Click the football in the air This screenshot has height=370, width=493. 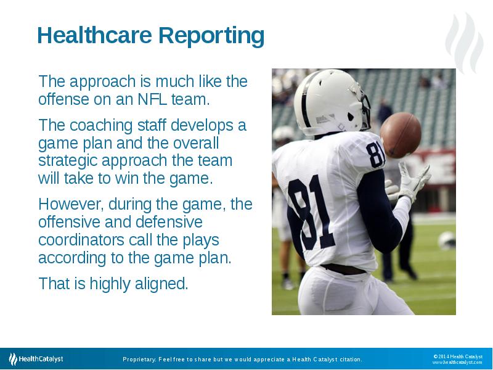click(401, 134)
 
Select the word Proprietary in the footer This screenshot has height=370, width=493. click(140, 360)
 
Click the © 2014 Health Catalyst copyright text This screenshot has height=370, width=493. click(457, 356)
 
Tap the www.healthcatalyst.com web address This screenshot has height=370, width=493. click(457, 363)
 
